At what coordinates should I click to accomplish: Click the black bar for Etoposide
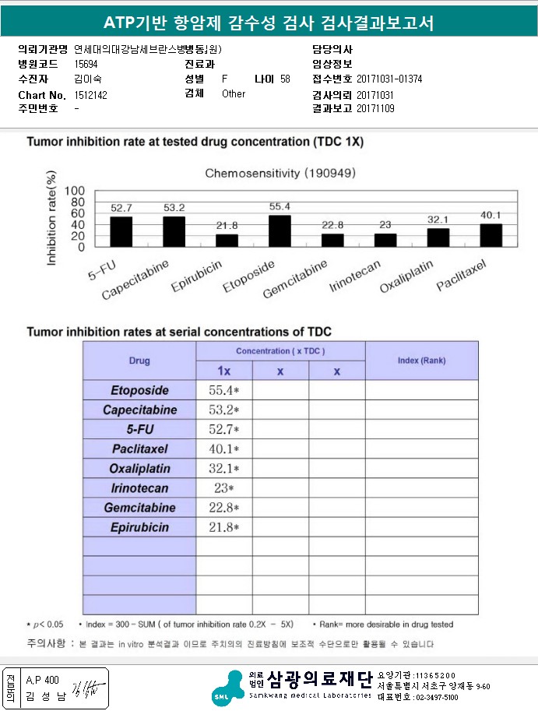280,231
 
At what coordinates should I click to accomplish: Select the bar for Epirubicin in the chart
227,240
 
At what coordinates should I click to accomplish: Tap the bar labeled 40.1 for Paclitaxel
491,234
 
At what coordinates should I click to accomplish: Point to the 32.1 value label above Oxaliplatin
438,220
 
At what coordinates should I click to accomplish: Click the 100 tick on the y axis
75,191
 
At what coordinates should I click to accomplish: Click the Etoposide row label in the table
139,390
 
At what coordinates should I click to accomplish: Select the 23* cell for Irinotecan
223,488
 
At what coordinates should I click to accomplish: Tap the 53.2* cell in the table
223,410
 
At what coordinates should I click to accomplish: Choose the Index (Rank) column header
421,361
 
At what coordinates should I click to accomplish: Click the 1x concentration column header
223,371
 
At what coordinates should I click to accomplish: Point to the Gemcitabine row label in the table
139,508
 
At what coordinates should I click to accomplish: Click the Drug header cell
139,361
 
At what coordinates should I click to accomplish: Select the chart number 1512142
90,94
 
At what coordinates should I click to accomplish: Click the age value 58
285,79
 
